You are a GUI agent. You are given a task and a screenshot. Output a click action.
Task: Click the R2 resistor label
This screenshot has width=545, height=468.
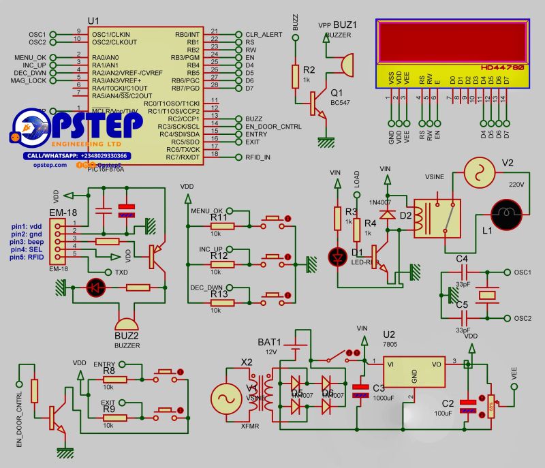pyautogui.click(x=309, y=70)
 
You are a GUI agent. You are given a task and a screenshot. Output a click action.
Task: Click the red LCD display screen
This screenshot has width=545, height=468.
pyautogui.click(x=452, y=42)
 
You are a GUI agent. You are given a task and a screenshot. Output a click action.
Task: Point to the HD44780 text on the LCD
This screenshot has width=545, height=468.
pyautogui.click(x=503, y=68)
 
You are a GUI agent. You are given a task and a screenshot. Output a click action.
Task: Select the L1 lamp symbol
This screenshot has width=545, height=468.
pyautogui.click(x=507, y=213)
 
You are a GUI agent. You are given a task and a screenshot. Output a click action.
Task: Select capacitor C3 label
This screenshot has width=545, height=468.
pyautogui.click(x=379, y=388)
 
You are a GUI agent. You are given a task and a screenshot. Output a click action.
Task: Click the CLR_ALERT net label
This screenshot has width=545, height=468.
pyautogui.click(x=263, y=34)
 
